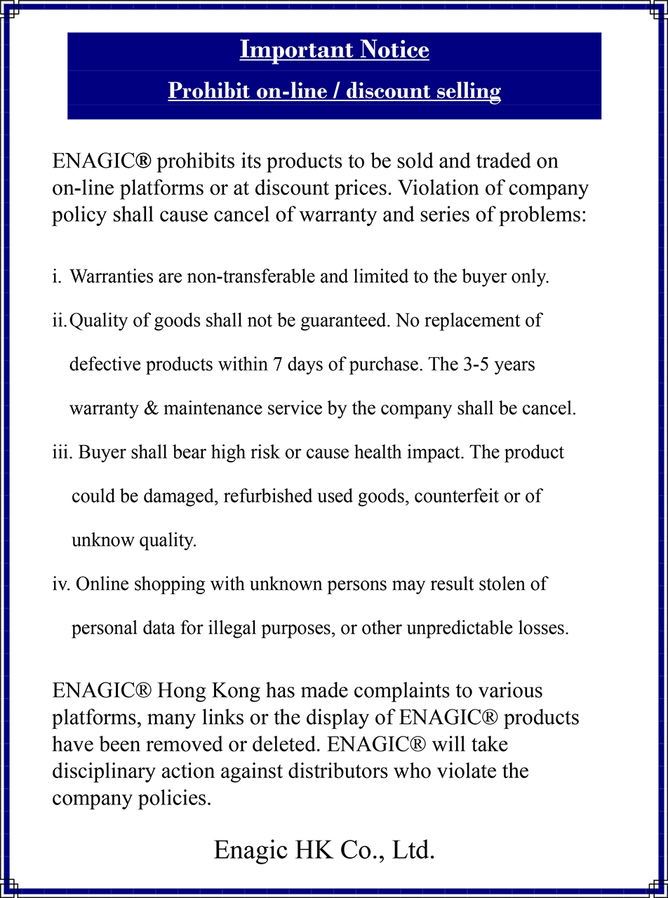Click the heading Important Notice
pos(334,50)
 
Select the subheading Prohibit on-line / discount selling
pos(334,91)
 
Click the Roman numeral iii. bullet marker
pos(62,453)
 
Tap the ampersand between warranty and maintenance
pos(151,408)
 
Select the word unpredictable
pos(416,628)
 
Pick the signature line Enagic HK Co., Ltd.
pos(324,850)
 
